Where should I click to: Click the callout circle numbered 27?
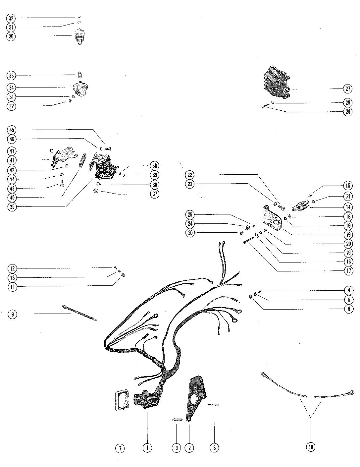pyautogui.click(x=348, y=89)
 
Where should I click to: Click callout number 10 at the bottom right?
pyautogui.click(x=311, y=447)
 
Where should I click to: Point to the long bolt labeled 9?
pyautogui.click(x=79, y=313)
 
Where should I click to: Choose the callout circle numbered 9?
pyautogui.click(x=12, y=314)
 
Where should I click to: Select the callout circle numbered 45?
pyautogui.click(x=12, y=130)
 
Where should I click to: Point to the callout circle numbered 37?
pyautogui.click(x=154, y=194)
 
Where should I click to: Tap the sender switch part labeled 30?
pyautogui.click(x=79, y=36)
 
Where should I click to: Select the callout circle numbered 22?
pyautogui.click(x=190, y=175)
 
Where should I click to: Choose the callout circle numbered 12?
pyautogui.click(x=12, y=268)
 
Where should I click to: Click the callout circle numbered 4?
pyautogui.click(x=348, y=291)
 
